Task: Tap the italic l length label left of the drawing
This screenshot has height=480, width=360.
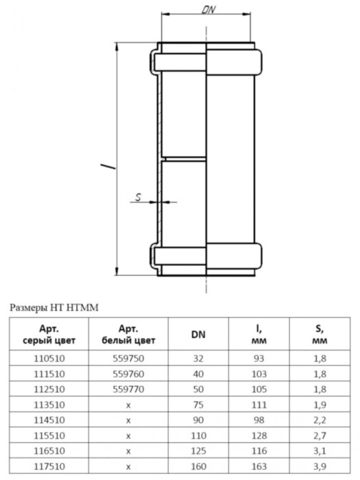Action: (102, 165)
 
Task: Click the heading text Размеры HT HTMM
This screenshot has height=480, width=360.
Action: (54, 308)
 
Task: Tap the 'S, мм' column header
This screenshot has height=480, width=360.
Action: (318, 334)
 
